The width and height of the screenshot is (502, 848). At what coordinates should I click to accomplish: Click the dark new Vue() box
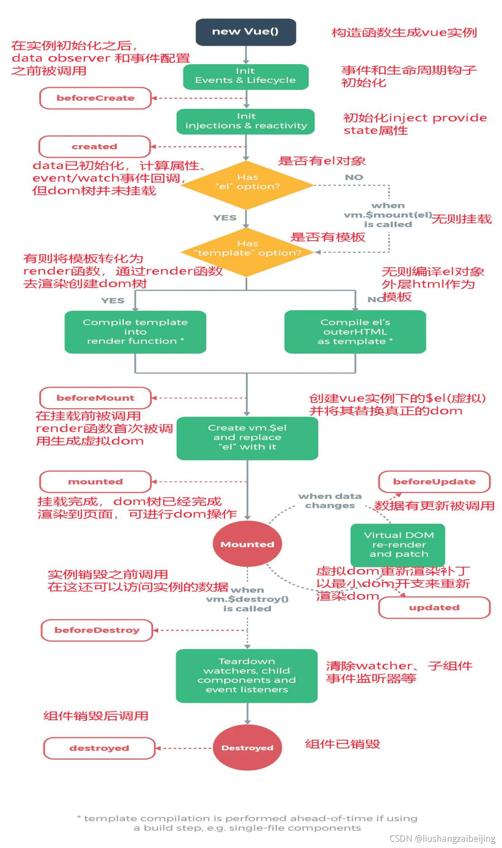click(246, 32)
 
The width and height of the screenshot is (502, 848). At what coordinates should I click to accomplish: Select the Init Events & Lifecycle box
click(246, 76)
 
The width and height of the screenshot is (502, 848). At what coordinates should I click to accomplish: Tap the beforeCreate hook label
click(95, 98)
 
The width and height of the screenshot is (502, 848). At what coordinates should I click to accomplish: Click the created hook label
click(94, 147)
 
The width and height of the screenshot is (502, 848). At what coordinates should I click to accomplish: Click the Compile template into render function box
click(135, 332)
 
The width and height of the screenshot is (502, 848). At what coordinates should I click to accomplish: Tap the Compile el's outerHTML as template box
click(355, 332)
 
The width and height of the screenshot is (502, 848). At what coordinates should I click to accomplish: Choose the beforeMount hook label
click(95, 398)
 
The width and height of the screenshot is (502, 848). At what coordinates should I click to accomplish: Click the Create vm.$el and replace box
click(247, 437)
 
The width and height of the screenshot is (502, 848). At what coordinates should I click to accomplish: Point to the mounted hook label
click(95, 482)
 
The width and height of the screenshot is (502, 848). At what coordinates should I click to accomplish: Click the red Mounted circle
click(247, 544)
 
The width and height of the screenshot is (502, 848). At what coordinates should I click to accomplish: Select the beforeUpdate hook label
click(434, 482)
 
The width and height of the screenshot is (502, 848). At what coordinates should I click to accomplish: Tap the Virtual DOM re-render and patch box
click(398, 545)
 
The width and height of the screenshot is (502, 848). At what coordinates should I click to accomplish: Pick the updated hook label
click(434, 607)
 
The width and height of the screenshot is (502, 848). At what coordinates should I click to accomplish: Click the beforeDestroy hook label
click(97, 630)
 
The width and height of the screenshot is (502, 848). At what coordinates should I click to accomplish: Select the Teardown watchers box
click(247, 676)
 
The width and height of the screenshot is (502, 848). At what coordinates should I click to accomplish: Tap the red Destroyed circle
click(247, 748)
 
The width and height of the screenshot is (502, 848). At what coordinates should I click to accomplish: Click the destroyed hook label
click(99, 748)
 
